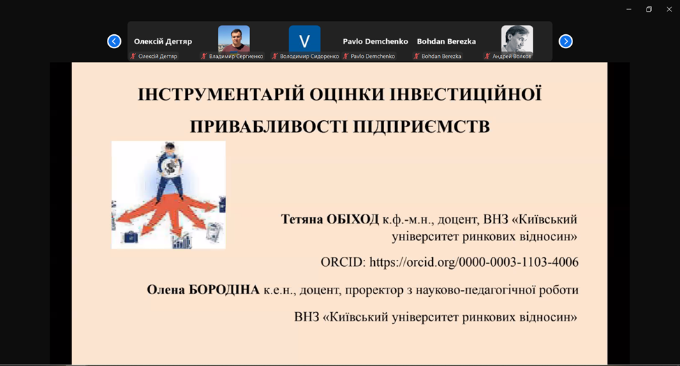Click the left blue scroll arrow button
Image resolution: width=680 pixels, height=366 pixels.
114,41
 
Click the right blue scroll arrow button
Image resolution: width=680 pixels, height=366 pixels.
566,41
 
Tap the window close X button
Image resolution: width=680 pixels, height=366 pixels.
669,9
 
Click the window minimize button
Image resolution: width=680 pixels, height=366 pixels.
629,9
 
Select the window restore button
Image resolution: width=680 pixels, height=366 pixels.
649,9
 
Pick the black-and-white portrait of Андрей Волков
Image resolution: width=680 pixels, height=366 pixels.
517,39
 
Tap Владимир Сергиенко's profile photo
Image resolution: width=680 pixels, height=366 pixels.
234,39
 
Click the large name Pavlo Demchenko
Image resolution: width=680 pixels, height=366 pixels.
375,42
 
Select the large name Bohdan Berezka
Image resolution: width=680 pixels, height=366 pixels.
446,42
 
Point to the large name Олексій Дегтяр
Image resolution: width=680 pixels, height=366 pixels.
163,42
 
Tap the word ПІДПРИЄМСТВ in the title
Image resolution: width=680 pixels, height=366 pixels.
421,126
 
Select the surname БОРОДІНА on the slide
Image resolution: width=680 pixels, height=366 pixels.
224,289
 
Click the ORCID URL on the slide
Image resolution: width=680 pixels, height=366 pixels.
474,262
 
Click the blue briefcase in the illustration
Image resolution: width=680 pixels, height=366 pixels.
131,237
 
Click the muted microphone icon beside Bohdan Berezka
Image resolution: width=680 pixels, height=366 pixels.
416,57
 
